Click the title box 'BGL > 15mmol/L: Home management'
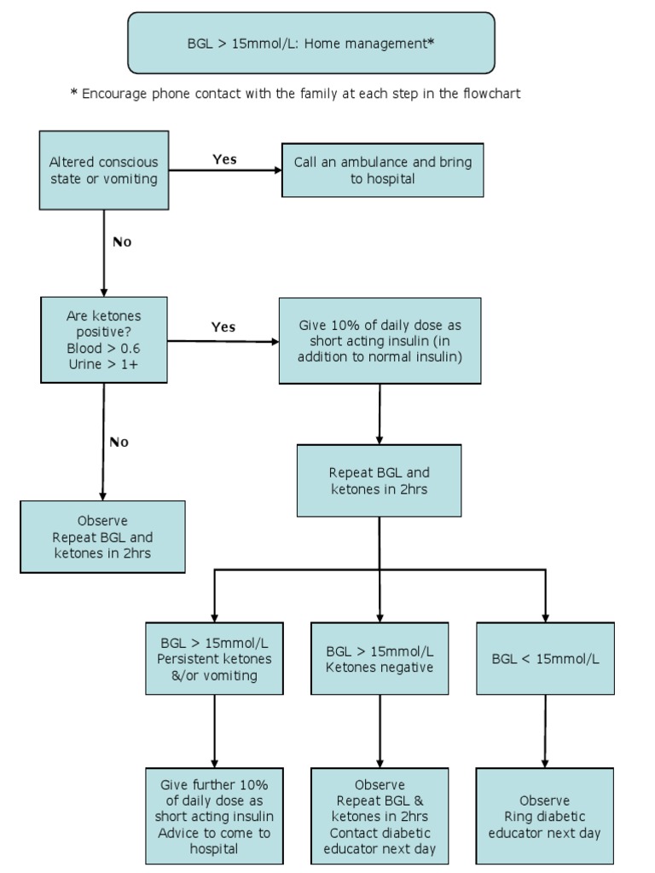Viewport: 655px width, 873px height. pos(310,43)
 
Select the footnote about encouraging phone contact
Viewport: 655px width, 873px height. pos(295,94)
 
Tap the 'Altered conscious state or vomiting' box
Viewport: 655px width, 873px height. pos(104,170)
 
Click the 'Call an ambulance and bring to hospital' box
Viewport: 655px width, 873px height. pos(382,171)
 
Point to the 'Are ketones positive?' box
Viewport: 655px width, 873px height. pos(104,340)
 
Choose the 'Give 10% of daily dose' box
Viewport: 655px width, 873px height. pos(380,340)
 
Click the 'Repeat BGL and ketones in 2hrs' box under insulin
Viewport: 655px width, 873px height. pos(379,481)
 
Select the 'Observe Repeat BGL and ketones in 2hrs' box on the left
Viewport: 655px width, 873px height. pos(102,537)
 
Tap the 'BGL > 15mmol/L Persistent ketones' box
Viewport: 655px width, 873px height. pos(214,658)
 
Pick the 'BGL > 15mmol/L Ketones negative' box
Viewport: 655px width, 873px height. pos(379,658)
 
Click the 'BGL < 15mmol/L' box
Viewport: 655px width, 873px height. pos(545,658)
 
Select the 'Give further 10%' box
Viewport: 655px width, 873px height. pos(214,816)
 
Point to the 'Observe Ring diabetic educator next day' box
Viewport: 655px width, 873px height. pos(544,816)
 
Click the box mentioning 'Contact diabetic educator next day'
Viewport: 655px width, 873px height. pos(379,816)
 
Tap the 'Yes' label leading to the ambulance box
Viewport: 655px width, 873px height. pos(224,159)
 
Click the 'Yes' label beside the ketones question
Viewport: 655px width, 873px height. pos(223,327)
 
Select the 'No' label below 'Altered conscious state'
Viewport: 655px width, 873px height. pos(122,242)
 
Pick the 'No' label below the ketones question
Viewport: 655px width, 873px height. pos(119,442)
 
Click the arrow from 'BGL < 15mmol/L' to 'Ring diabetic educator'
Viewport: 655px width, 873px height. pos(545,731)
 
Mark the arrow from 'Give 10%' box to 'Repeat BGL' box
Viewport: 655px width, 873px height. pos(379,413)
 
